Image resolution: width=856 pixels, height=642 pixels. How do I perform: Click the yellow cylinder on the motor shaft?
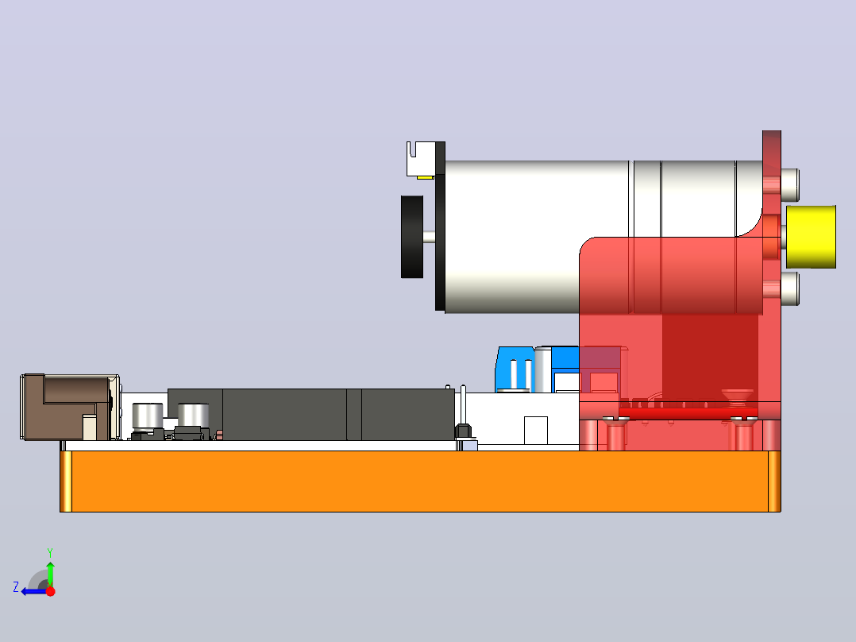click(x=811, y=237)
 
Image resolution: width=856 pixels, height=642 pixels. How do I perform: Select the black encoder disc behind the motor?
click(x=412, y=237)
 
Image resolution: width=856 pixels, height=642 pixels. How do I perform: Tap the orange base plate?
click(x=420, y=481)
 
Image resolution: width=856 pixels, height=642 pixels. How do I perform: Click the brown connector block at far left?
click(x=68, y=407)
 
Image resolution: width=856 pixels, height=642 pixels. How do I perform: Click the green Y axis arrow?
click(x=50, y=574)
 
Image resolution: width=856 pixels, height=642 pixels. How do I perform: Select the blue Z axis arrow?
click(x=35, y=591)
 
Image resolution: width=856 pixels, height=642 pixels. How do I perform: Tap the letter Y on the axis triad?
click(x=50, y=552)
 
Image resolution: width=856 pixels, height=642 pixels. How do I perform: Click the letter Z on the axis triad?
click(x=16, y=587)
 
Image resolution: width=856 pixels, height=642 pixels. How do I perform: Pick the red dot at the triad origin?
click(x=51, y=591)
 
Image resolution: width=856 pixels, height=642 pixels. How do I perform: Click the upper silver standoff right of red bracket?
click(x=791, y=184)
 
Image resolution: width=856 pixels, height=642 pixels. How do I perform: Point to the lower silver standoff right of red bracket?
click(x=791, y=288)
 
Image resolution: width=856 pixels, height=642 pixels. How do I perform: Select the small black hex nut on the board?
click(x=464, y=431)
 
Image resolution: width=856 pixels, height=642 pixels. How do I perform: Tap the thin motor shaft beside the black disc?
click(x=429, y=237)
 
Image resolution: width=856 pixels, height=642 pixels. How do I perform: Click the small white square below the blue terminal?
click(x=535, y=431)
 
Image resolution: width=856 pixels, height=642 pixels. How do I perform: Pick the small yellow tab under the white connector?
click(x=426, y=177)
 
